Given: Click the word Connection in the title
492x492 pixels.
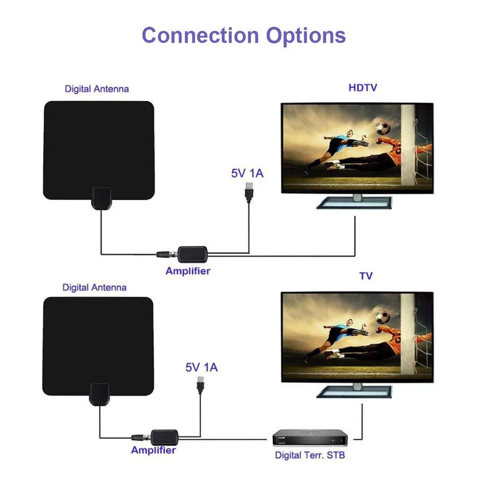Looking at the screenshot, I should [200, 36].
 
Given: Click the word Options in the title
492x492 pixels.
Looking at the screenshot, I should [306, 36].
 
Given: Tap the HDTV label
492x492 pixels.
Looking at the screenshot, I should [363, 88].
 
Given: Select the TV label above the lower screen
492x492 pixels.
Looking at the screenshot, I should [366, 277].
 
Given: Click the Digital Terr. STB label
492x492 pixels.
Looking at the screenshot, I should [310, 455].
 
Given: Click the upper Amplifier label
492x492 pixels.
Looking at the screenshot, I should [188, 271].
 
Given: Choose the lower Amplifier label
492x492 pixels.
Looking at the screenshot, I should [154, 450].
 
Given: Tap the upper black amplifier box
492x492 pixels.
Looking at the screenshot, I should [192, 254].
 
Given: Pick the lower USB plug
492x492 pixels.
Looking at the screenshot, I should [201, 384].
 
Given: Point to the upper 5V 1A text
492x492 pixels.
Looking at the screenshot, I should [247, 173].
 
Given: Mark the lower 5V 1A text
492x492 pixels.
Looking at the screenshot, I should [201, 367].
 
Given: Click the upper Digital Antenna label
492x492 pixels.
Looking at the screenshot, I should [97, 89].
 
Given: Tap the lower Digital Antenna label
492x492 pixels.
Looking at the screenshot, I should [94, 287].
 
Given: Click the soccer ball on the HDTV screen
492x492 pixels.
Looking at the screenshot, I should [383, 128].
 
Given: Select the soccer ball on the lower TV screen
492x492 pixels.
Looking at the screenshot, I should [383, 316].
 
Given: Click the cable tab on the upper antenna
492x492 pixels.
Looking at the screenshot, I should [102, 197].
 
